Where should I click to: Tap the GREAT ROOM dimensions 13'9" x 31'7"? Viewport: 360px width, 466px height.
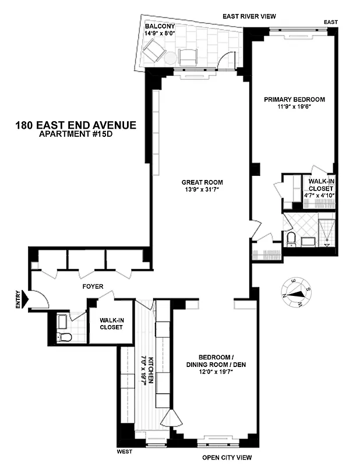pyautogui.click(x=202, y=190)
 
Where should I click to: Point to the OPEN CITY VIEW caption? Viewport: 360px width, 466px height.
pyautogui.click(x=228, y=458)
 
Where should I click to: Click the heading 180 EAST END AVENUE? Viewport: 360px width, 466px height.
pyautogui.click(x=76, y=125)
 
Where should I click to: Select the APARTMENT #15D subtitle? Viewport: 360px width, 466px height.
pyautogui.click(x=76, y=135)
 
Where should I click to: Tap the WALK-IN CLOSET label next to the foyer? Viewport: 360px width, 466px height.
pyautogui.click(x=111, y=323)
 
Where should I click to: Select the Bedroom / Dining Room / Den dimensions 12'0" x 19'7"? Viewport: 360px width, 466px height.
pyautogui.click(x=209, y=371)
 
